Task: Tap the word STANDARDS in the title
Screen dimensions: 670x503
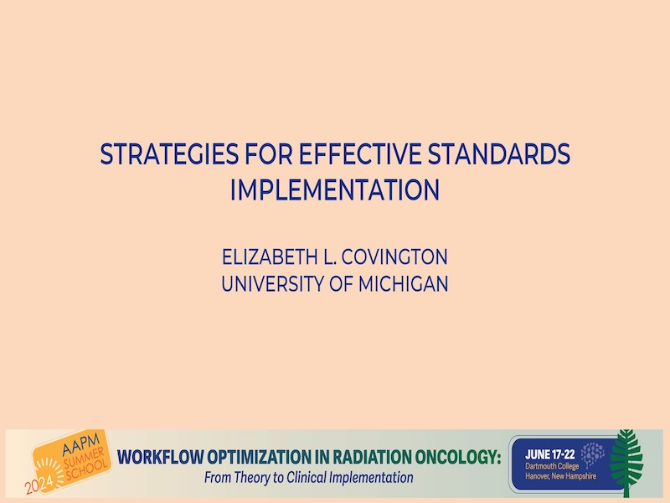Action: coord(499,154)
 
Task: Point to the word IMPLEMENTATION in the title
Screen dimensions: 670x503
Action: coord(335,190)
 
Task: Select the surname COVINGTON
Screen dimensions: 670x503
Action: coord(394,257)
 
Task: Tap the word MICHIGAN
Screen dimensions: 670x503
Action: coord(404,284)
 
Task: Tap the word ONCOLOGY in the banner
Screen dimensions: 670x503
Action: coord(457,457)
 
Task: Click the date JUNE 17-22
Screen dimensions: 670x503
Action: coord(550,454)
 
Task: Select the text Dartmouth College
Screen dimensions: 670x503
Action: coord(552,466)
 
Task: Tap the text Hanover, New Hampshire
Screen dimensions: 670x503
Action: coord(560,475)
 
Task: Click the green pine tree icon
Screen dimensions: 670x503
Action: coord(626,463)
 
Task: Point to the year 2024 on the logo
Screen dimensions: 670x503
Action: coord(39,484)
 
